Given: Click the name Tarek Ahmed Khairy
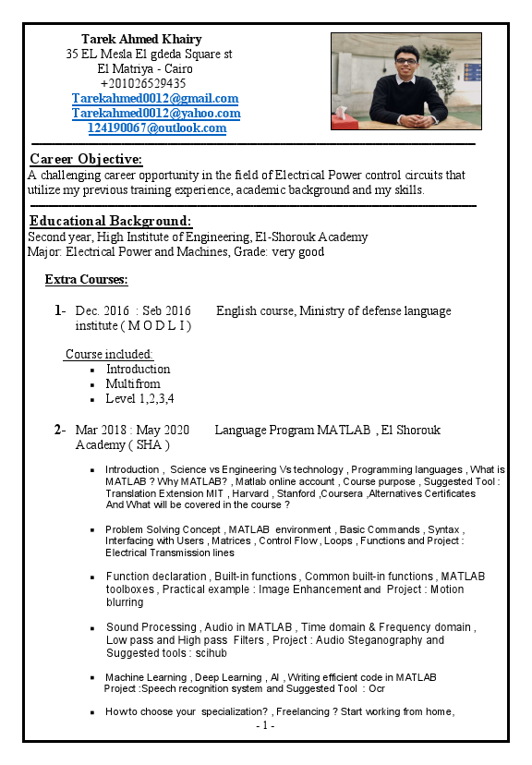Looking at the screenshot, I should coord(141,39).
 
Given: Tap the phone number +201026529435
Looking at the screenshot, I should coord(142,83).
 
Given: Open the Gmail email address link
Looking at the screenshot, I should coord(155,98).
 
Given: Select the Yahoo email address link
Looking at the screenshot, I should coord(156,113).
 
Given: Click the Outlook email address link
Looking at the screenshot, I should coord(156,127).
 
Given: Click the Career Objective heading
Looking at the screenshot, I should coord(86,159).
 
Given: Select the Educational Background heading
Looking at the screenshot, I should coord(111,221).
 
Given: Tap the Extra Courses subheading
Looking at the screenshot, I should coord(86,279).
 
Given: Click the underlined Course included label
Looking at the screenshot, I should coord(109,354).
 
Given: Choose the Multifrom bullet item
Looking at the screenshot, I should coord(133,383).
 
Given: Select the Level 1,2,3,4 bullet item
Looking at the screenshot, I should coord(139,398).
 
